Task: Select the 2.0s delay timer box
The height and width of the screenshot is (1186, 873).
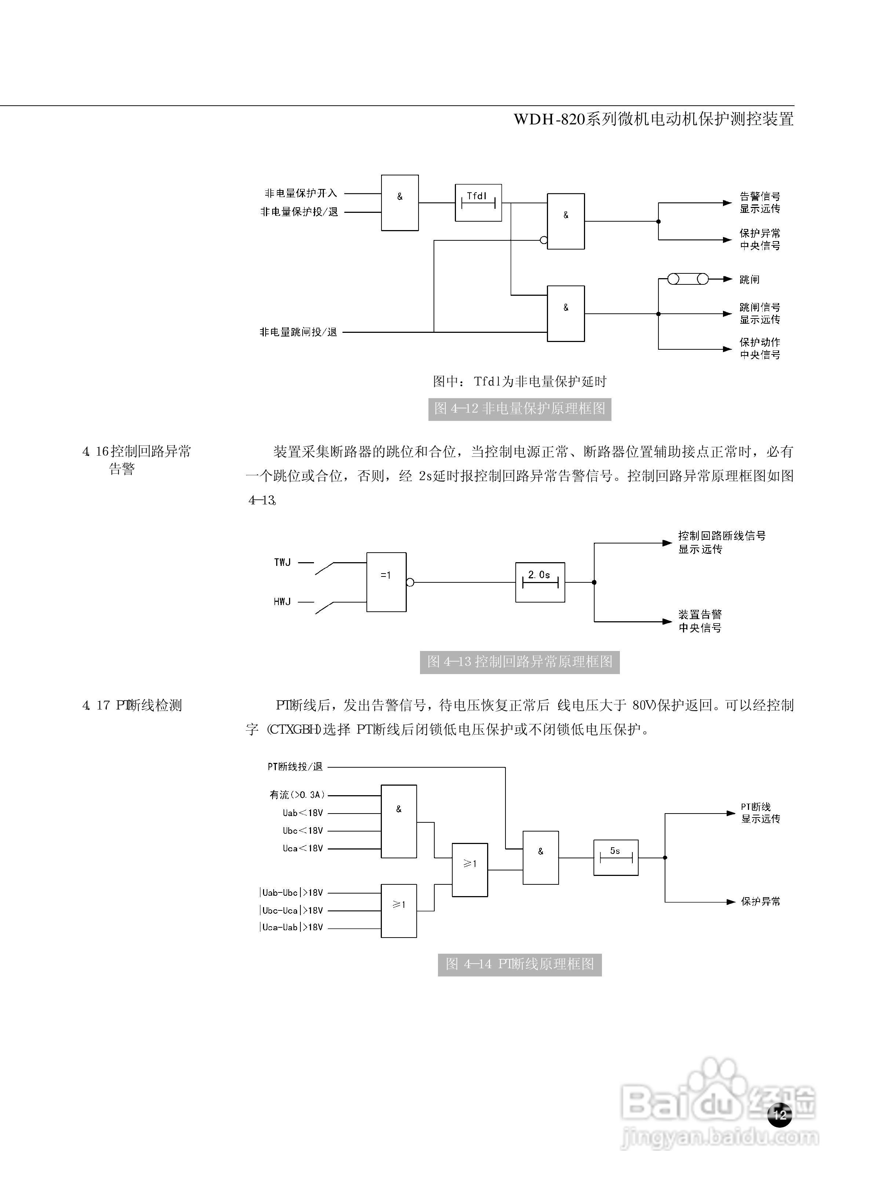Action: coord(540,582)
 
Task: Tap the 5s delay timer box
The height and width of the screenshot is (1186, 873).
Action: coord(616,857)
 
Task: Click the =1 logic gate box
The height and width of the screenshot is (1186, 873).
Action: coord(386,582)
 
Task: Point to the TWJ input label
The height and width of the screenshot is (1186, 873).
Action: coord(282,562)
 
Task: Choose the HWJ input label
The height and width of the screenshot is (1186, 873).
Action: coord(282,601)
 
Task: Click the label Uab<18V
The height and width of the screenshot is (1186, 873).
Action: coord(302,813)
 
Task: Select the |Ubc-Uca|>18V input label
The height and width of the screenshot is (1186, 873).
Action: coord(291,910)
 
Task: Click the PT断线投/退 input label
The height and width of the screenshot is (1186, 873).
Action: coord(295,766)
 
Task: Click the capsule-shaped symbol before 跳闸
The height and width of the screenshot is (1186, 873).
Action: coord(687,279)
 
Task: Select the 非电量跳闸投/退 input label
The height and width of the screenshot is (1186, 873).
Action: coord(298,332)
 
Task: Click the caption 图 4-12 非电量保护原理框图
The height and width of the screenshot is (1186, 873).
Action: coord(519,408)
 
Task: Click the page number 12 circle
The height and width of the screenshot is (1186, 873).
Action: coord(780,1115)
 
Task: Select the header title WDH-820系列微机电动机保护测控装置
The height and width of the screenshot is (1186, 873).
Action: coord(654,119)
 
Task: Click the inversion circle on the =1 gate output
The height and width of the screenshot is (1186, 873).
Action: coord(410,582)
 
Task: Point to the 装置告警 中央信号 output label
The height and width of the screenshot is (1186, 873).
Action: coord(700,621)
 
